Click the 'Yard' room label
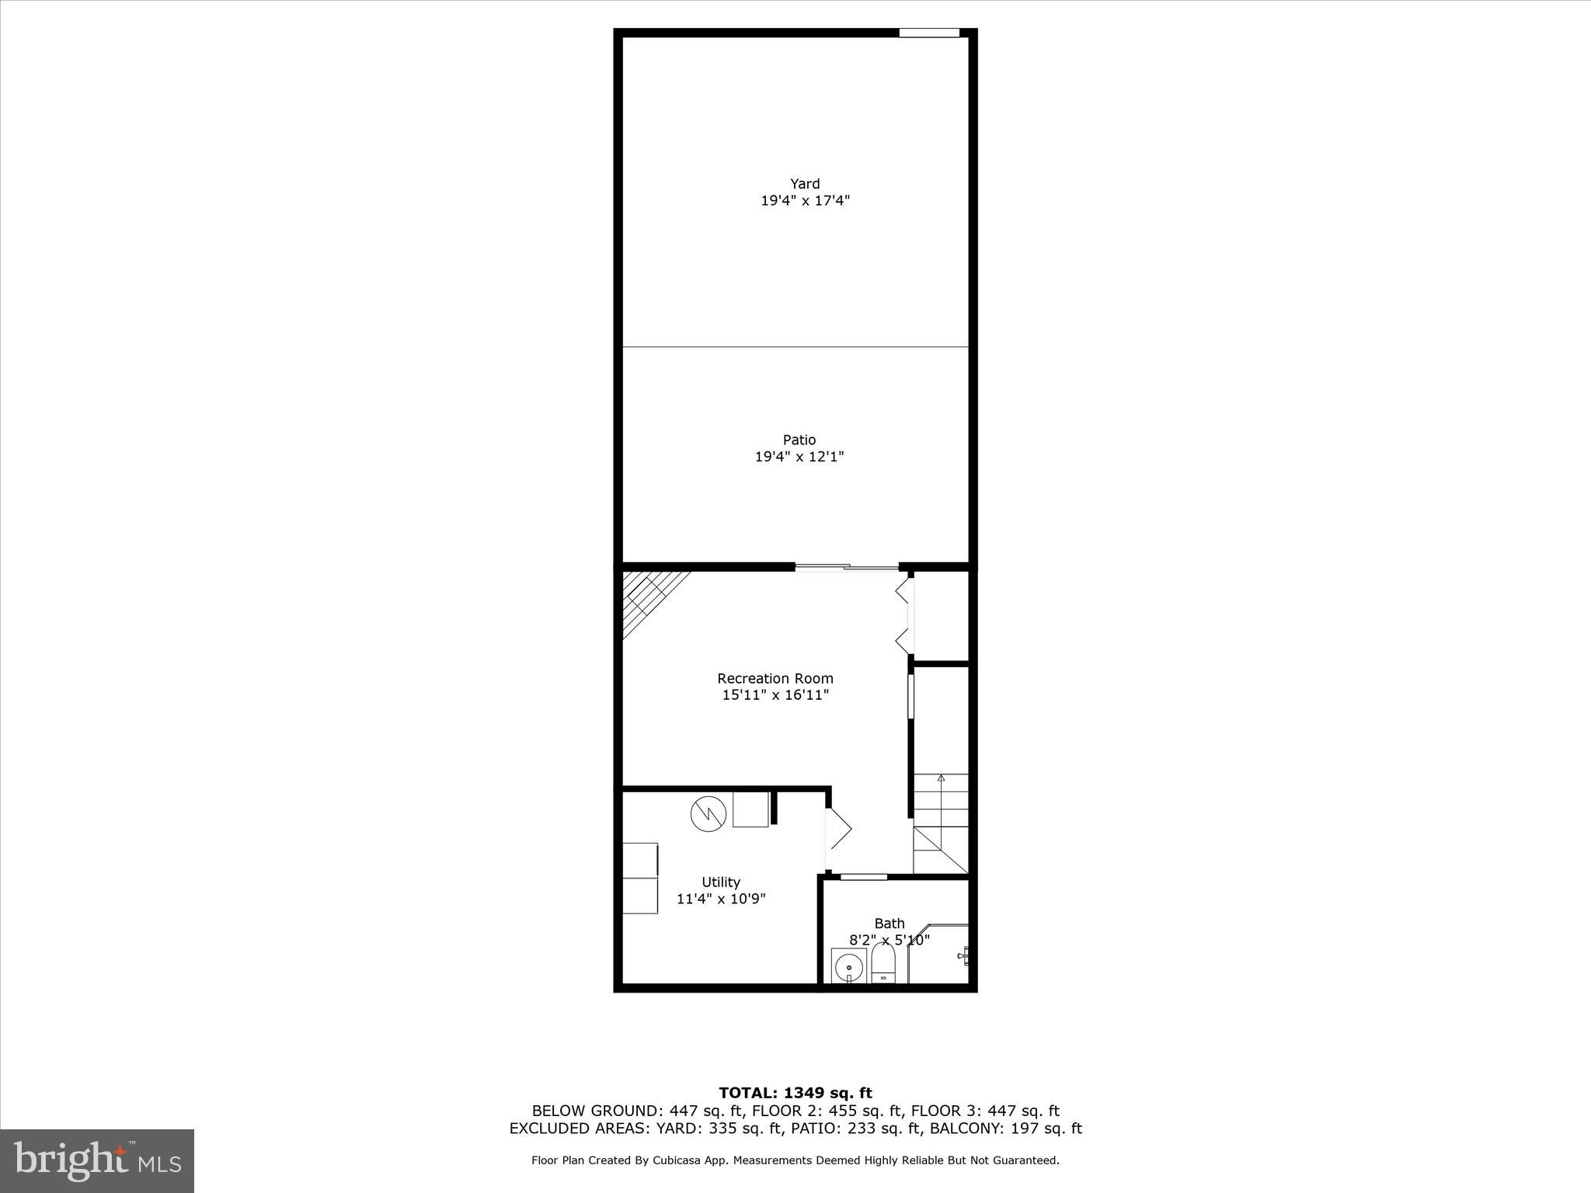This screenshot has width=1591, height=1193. pos(805,184)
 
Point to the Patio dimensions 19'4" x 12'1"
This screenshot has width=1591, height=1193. pos(799,457)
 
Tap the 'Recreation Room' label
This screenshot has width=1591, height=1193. pos(775,678)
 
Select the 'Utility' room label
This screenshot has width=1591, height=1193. pos(720,882)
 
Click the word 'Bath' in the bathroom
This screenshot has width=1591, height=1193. pos(889,923)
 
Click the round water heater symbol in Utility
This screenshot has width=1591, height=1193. pos(708,813)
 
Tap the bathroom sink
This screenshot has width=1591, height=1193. pos(848,967)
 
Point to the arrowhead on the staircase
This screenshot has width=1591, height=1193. pos(941,777)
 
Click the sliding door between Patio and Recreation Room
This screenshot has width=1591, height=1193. pos(847,569)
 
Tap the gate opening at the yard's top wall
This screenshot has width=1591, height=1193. pos(929,33)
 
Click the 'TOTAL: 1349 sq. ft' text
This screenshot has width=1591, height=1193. pos(795,1094)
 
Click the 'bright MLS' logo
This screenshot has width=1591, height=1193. pos(97,1161)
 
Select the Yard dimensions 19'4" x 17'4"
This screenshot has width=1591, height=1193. pos(805,201)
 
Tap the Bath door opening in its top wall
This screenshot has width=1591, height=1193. pos(864,877)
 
